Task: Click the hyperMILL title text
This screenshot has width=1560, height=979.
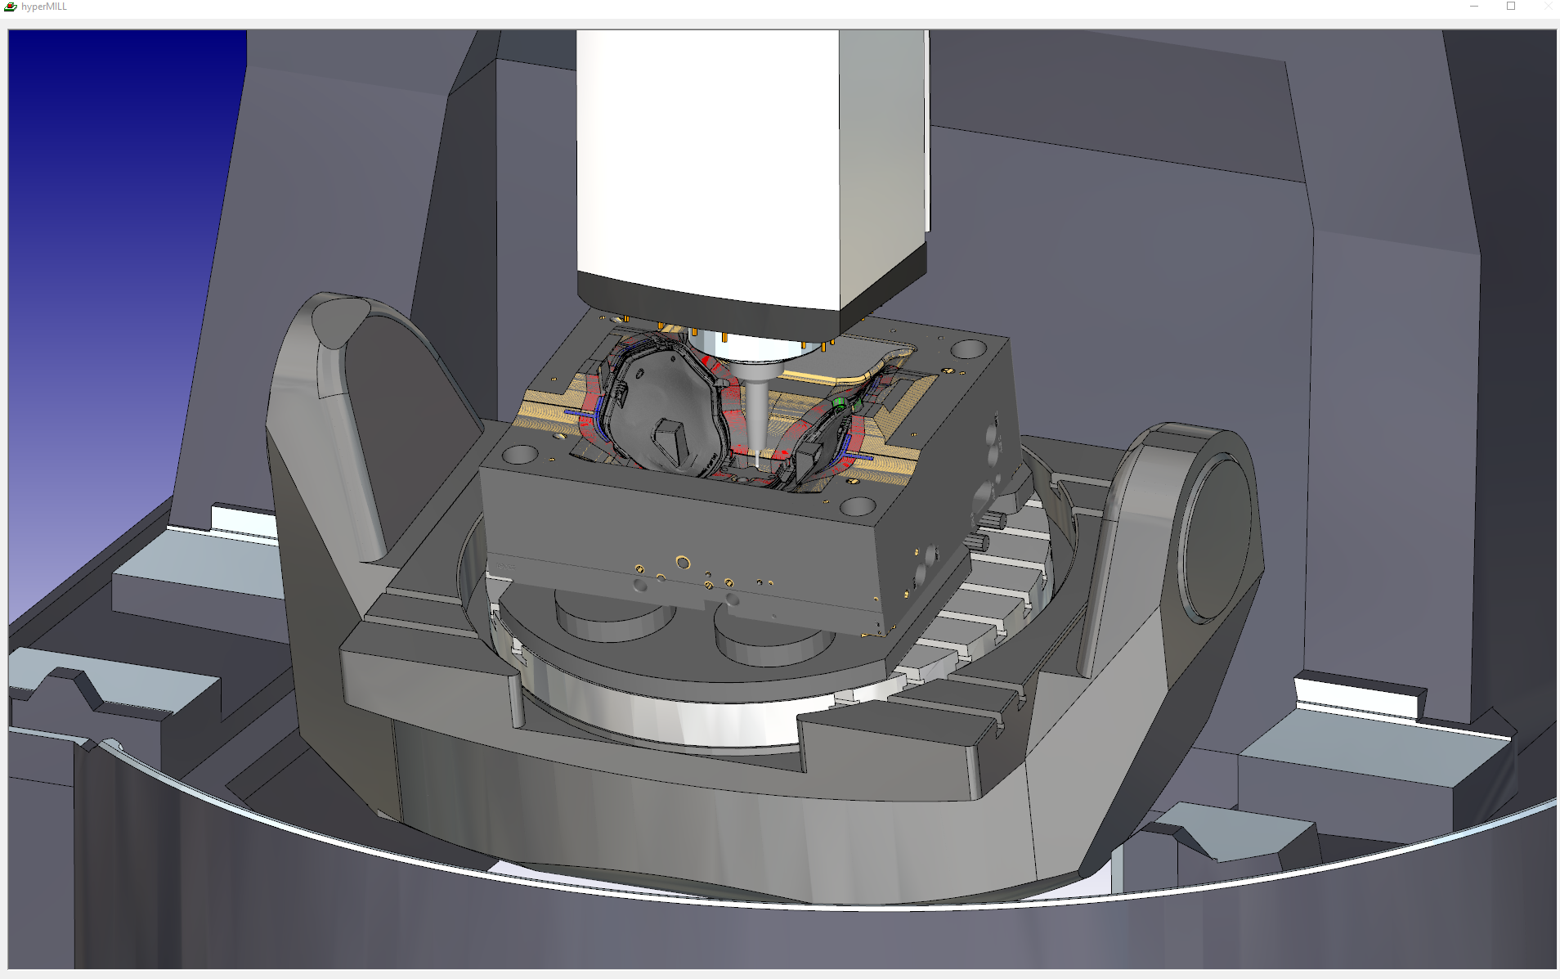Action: click(x=44, y=7)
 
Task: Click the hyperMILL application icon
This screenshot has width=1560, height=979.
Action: click(x=11, y=7)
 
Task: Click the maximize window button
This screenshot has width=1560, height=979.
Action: click(x=1511, y=6)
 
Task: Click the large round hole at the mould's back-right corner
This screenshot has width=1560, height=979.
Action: click(x=968, y=349)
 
